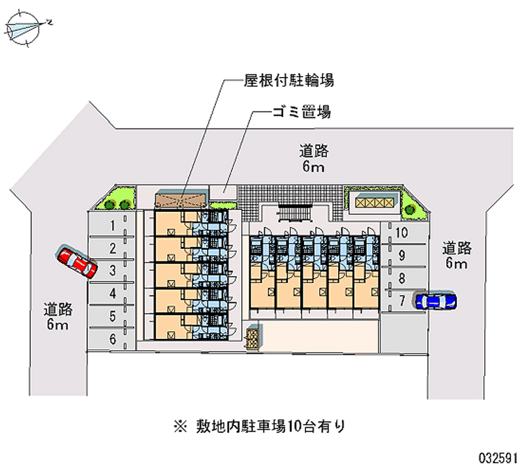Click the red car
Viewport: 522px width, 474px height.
click(76, 262)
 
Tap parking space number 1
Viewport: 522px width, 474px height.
click(112, 226)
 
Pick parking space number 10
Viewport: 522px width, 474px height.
click(402, 233)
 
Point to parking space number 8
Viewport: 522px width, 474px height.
click(402, 278)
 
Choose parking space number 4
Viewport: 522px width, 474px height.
click(112, 293)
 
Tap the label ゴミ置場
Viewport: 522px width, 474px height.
click(301, 112)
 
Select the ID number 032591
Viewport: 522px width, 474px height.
click(495, 458)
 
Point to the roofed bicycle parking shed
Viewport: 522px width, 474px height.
click(180, 198)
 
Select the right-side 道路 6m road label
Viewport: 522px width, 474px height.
click(456, 255)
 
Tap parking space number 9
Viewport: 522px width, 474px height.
click(402, 255)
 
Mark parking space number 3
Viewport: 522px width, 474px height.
click(112, 270)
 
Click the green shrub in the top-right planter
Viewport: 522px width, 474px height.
click(410, 210)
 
